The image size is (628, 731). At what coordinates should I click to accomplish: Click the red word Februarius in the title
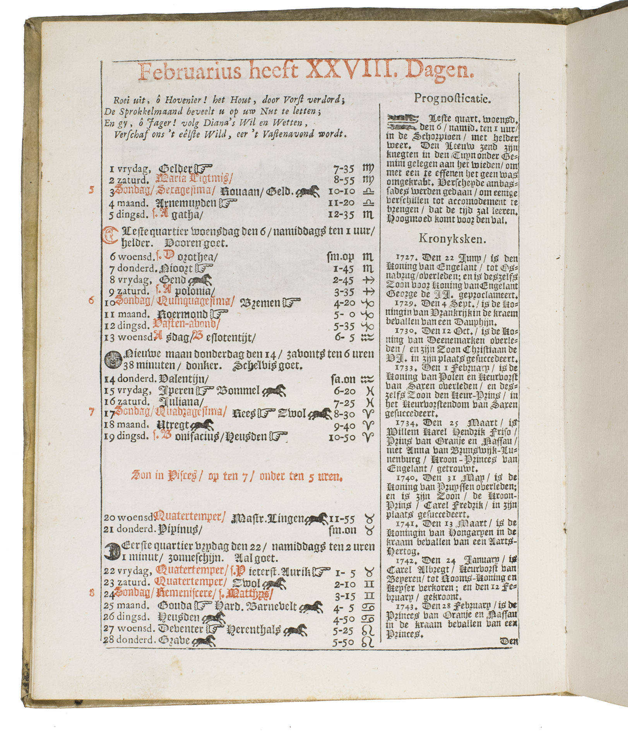190,72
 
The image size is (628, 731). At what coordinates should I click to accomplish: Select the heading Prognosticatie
452,99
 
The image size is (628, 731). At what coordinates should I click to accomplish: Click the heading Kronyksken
452,239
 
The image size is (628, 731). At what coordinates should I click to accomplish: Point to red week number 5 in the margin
92,190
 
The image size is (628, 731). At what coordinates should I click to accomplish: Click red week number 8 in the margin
92,593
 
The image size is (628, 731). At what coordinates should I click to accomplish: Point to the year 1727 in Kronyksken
404,258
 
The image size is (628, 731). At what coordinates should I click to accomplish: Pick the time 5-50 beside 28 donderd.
344,642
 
